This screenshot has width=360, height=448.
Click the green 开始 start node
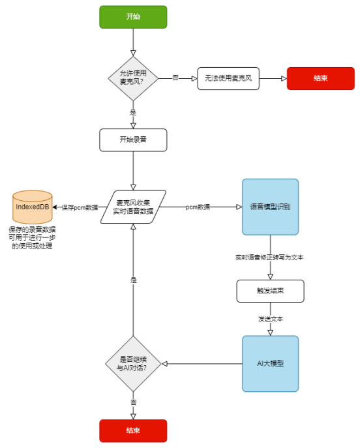133,17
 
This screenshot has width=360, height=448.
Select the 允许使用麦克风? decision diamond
133,78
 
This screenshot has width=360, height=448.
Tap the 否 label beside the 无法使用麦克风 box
175,78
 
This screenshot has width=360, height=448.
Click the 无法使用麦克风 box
228,78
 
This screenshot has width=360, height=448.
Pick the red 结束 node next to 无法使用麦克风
320,78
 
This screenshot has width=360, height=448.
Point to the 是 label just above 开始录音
133,112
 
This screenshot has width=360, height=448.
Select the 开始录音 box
133,140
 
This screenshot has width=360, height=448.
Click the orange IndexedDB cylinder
32,207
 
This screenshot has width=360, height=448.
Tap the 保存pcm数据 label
80,207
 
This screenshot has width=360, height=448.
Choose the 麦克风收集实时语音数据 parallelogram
133,207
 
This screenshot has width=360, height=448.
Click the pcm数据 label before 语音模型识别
198,207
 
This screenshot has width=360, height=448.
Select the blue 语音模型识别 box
270,207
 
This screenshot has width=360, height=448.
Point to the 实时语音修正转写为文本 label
270,258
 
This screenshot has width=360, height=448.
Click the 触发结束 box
270,291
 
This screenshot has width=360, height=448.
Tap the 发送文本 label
270,319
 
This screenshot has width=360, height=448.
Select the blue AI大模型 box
270,364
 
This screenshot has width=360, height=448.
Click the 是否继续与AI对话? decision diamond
133,364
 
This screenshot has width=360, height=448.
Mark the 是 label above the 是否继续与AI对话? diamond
133,280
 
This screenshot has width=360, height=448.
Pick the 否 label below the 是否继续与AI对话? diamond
133,402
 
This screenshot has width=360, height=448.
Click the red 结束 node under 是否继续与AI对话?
133,431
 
